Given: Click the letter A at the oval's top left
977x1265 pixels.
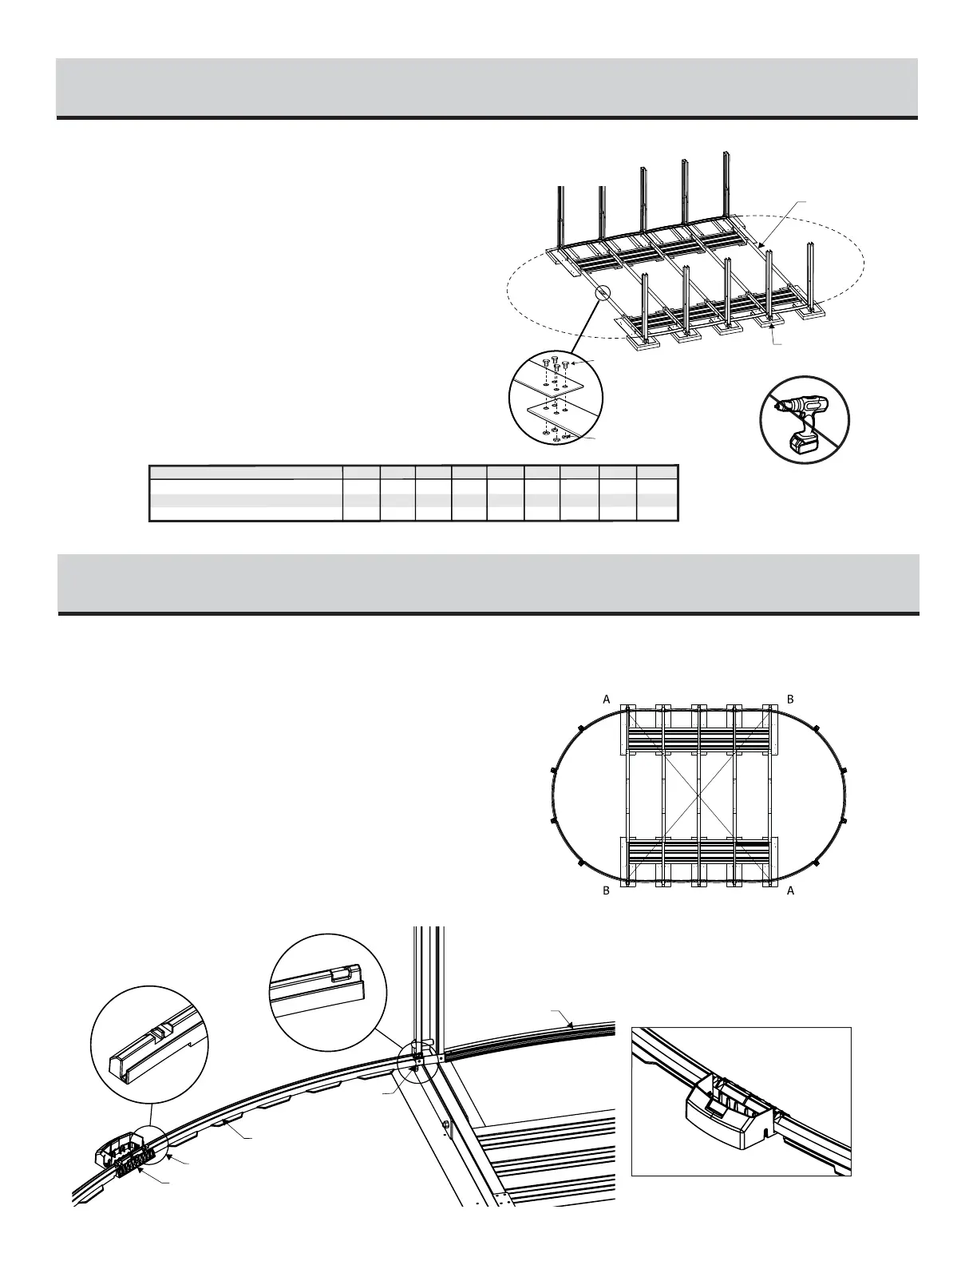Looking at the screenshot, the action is (607, 699).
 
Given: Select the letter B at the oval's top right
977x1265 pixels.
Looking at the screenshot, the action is (790, 699).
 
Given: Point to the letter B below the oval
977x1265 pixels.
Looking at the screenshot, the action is (607, 890).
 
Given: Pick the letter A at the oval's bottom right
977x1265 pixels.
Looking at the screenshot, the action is (790, 890).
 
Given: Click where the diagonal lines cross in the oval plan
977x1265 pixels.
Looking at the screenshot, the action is (699, 795).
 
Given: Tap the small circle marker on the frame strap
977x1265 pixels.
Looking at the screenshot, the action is (603, 293).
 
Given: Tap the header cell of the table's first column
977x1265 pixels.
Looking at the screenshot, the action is (246, 471).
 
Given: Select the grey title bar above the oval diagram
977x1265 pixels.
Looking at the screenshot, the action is (489, 583).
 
